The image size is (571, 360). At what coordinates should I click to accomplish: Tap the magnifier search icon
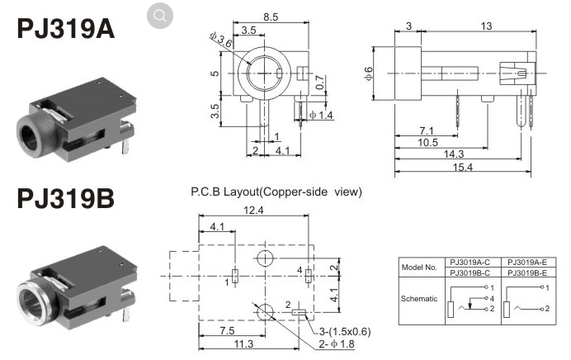(160, 15)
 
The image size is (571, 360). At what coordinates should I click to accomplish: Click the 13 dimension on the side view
(485, 26)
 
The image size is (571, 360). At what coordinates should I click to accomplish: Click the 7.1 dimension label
(427, 130)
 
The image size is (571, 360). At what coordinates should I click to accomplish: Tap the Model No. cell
(421, 268)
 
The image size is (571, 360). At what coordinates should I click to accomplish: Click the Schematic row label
(421, 298)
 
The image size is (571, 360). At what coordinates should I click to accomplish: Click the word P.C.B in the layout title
(207, 192)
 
